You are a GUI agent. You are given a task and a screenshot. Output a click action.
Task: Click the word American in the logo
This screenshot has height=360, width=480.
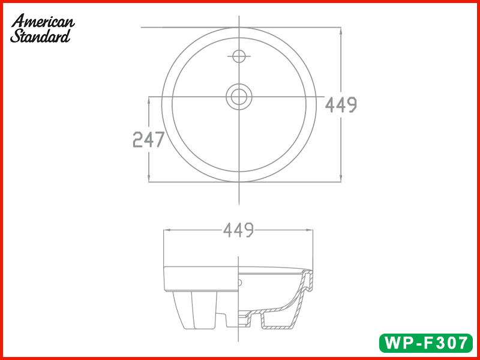click(43, 21)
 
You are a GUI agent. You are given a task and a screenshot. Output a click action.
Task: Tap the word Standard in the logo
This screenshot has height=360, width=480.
click(40, 35)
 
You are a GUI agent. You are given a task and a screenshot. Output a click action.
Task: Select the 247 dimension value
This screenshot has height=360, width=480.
click(148, 140)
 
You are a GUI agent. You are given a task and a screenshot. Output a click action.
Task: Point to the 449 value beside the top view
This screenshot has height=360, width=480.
click(341, 105)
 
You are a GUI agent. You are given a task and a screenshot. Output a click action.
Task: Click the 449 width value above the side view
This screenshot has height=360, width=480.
click(239, 229)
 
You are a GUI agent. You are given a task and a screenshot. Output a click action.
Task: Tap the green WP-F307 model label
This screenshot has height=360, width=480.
click(425, 343)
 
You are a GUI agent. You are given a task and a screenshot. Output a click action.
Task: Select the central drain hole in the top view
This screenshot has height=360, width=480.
click(239, 96)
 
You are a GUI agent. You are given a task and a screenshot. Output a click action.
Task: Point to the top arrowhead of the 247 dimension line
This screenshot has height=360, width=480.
click(149, 100)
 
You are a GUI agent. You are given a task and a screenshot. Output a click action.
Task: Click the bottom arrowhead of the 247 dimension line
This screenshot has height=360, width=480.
click(149, 178)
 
